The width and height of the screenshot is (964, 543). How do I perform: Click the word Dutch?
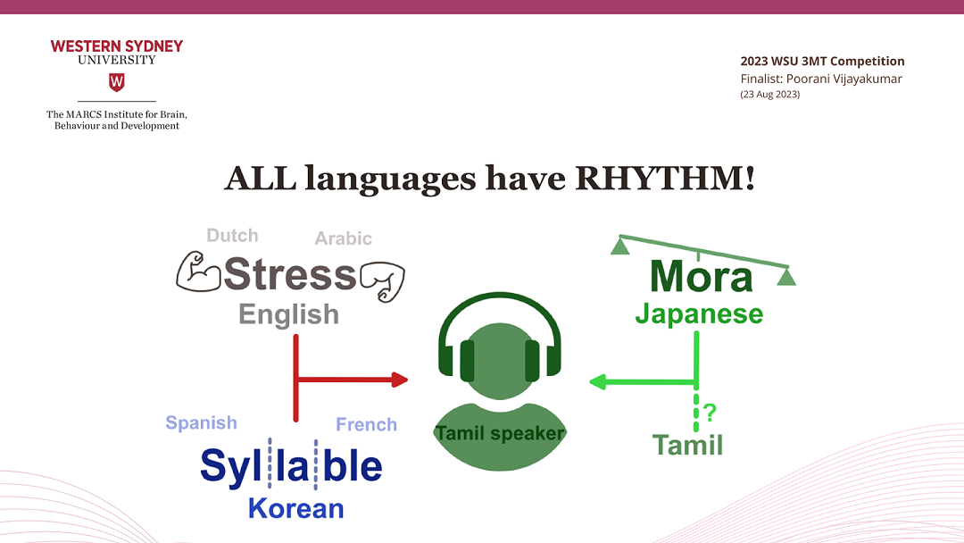point(232,236)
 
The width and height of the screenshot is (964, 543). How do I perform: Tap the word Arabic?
point(343,238)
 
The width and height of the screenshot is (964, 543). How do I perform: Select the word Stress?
point(290,274)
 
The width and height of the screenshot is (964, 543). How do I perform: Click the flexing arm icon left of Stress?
point(198,271)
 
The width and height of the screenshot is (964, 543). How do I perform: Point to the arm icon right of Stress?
point(382,282)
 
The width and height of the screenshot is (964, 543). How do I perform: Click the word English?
point(289,314)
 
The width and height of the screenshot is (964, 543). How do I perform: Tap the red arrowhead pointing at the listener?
point(400,380)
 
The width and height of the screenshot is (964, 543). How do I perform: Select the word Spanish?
point(201,423)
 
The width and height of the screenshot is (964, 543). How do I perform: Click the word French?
point(367,424)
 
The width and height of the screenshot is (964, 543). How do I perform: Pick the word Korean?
point(295,508)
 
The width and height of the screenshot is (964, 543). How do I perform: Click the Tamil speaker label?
point(500,433)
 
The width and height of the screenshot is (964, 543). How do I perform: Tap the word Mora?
point(701,277)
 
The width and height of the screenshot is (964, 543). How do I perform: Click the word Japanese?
point(699,313)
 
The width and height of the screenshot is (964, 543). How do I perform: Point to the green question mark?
point(710,412)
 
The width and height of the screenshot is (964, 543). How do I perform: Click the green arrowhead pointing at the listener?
point(597,382)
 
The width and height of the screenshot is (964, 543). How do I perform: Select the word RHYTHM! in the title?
point(665,179)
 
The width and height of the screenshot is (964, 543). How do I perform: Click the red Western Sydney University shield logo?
point(117,82)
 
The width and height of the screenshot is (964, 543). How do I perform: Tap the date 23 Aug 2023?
point(769,94)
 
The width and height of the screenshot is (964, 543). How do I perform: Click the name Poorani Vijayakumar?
point(844,79)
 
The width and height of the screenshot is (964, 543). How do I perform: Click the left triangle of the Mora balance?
point(619,246)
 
